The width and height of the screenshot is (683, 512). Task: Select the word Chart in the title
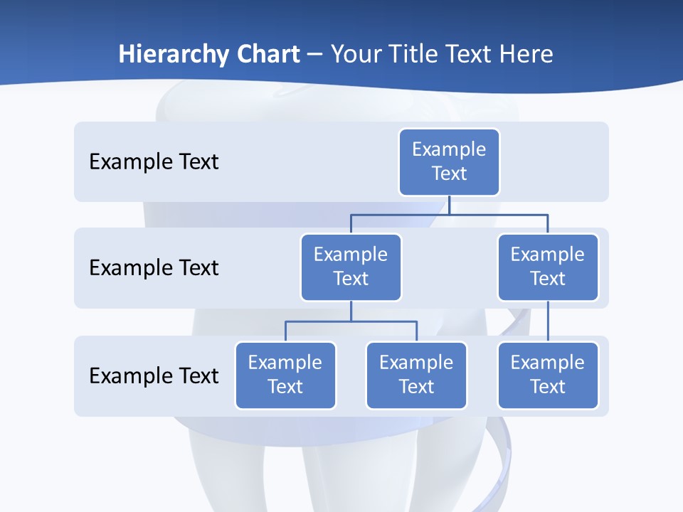click(268, 54)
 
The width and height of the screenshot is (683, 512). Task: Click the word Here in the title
click(527, 54)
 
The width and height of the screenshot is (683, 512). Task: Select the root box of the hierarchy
click(449, 161)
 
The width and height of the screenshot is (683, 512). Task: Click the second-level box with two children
click(351, 267)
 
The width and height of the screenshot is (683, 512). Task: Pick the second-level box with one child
click(547, 267)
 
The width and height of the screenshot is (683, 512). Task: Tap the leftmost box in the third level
click(285, 375)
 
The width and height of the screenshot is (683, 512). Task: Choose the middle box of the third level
click(416, 375)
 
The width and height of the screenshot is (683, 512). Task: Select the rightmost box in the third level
click(547, 375)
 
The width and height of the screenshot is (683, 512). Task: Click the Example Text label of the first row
click(154, 162)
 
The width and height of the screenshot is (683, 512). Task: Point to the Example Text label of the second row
click(154, 268)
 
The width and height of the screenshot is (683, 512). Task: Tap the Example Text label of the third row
click(154, 376)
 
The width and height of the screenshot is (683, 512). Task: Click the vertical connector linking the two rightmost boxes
click(548, 321)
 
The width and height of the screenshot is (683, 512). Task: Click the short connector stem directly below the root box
click(449, 205)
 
